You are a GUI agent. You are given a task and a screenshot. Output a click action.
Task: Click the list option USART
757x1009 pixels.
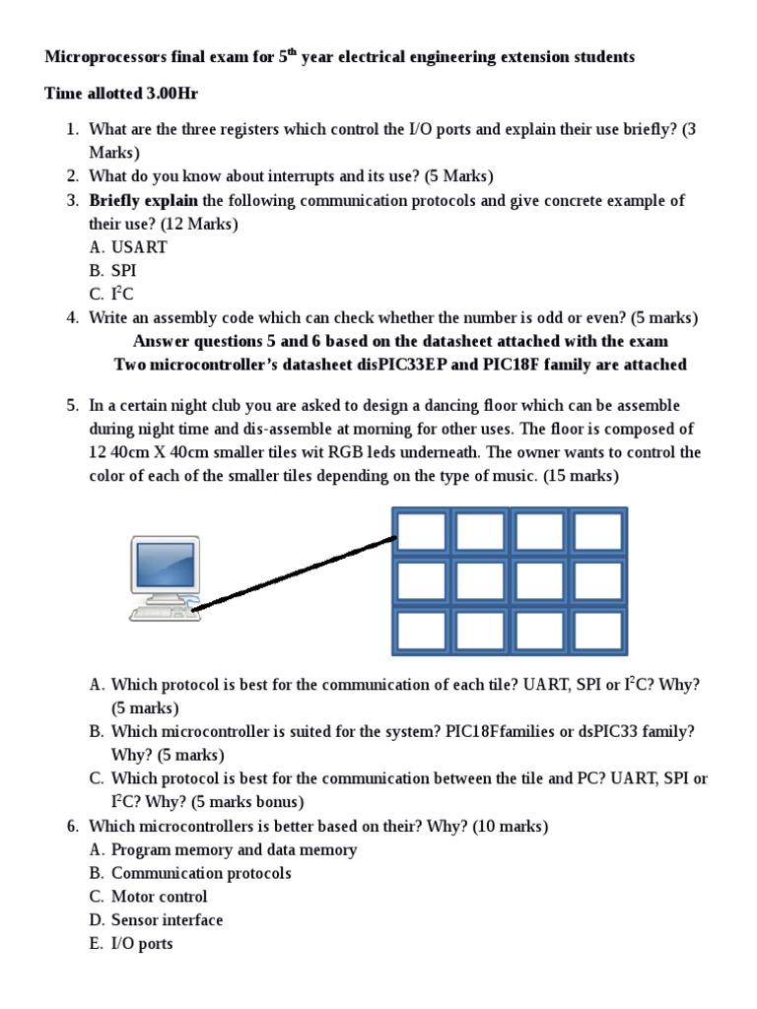(139, 247)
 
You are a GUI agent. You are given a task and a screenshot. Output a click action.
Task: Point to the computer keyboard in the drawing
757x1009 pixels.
(163, 613)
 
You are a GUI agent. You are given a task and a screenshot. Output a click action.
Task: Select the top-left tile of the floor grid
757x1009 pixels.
(422, 532)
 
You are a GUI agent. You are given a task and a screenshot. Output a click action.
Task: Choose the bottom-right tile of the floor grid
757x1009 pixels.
(597, 631)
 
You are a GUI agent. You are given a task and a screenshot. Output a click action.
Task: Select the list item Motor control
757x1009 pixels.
(159, 897)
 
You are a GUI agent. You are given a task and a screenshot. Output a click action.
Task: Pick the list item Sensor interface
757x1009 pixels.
(167, 920)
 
